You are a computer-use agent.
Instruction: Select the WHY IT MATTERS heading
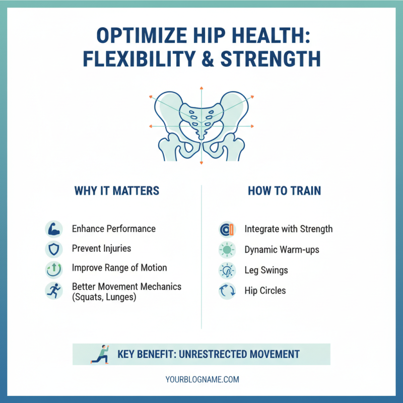point(117,191)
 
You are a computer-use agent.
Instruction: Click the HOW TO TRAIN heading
point(285,191)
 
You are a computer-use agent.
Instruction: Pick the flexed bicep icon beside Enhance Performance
point(53,229)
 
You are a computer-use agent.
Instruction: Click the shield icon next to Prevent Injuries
point(53,249)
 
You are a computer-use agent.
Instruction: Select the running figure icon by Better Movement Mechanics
point(53,291)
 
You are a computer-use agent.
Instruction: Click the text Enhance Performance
point(114,229)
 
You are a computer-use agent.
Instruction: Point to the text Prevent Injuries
point(101,248)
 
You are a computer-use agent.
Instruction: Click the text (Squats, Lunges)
point(104,297)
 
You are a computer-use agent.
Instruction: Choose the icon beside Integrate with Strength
point(227,229)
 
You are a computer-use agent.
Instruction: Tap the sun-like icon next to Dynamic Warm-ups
point(227,249)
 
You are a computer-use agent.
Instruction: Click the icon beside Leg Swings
point(227,271)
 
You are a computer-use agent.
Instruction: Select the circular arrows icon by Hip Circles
point(227,291)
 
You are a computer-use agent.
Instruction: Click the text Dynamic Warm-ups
point(282,249)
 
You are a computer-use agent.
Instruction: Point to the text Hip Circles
point(265,291)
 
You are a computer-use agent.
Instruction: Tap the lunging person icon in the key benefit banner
point(100,354)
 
